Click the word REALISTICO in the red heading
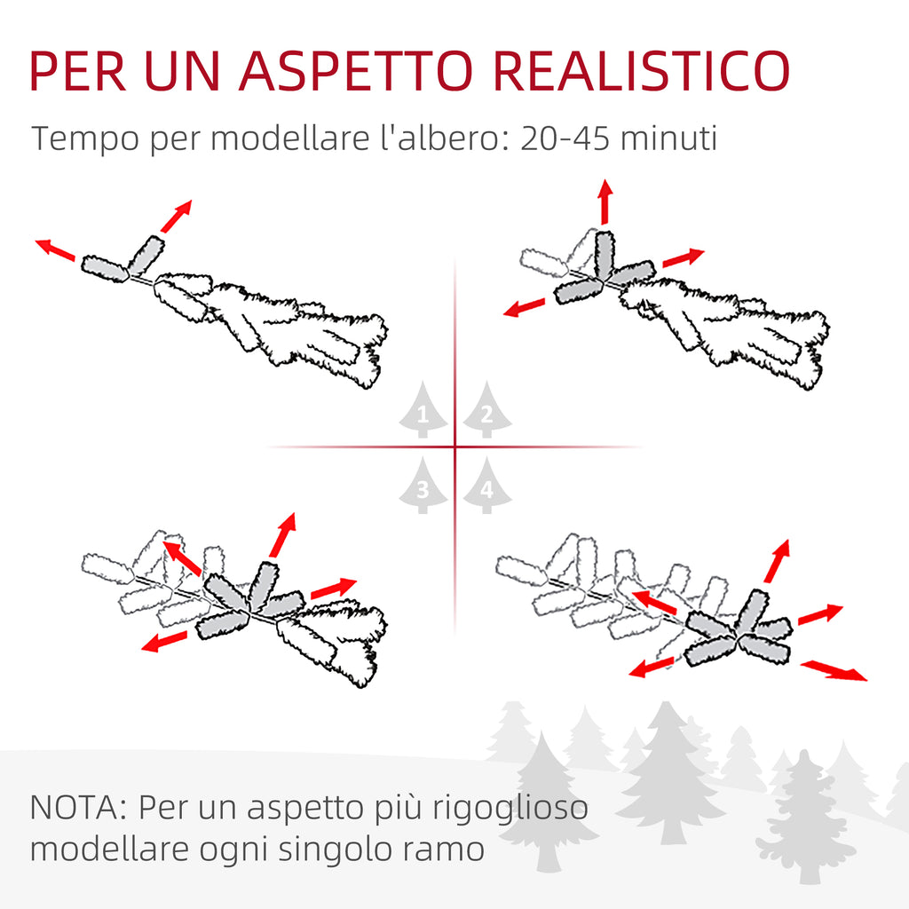coord(642,71)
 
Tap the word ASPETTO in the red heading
coord(356,71)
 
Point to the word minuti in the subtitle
coord(669,138)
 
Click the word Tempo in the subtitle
coord(86,140)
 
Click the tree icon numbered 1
coord(423,409)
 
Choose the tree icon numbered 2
coord(487,409)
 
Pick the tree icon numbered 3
coord(423,485)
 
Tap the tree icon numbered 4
coord(487,485)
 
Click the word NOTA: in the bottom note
coord(78,807)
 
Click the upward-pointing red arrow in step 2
coord(605,202)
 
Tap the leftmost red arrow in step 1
coord(55,249)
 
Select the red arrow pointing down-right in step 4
coord(834,670)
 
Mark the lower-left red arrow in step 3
coord(164,641)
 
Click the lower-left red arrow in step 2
coord(524,307)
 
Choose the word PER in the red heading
coord(78,71)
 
